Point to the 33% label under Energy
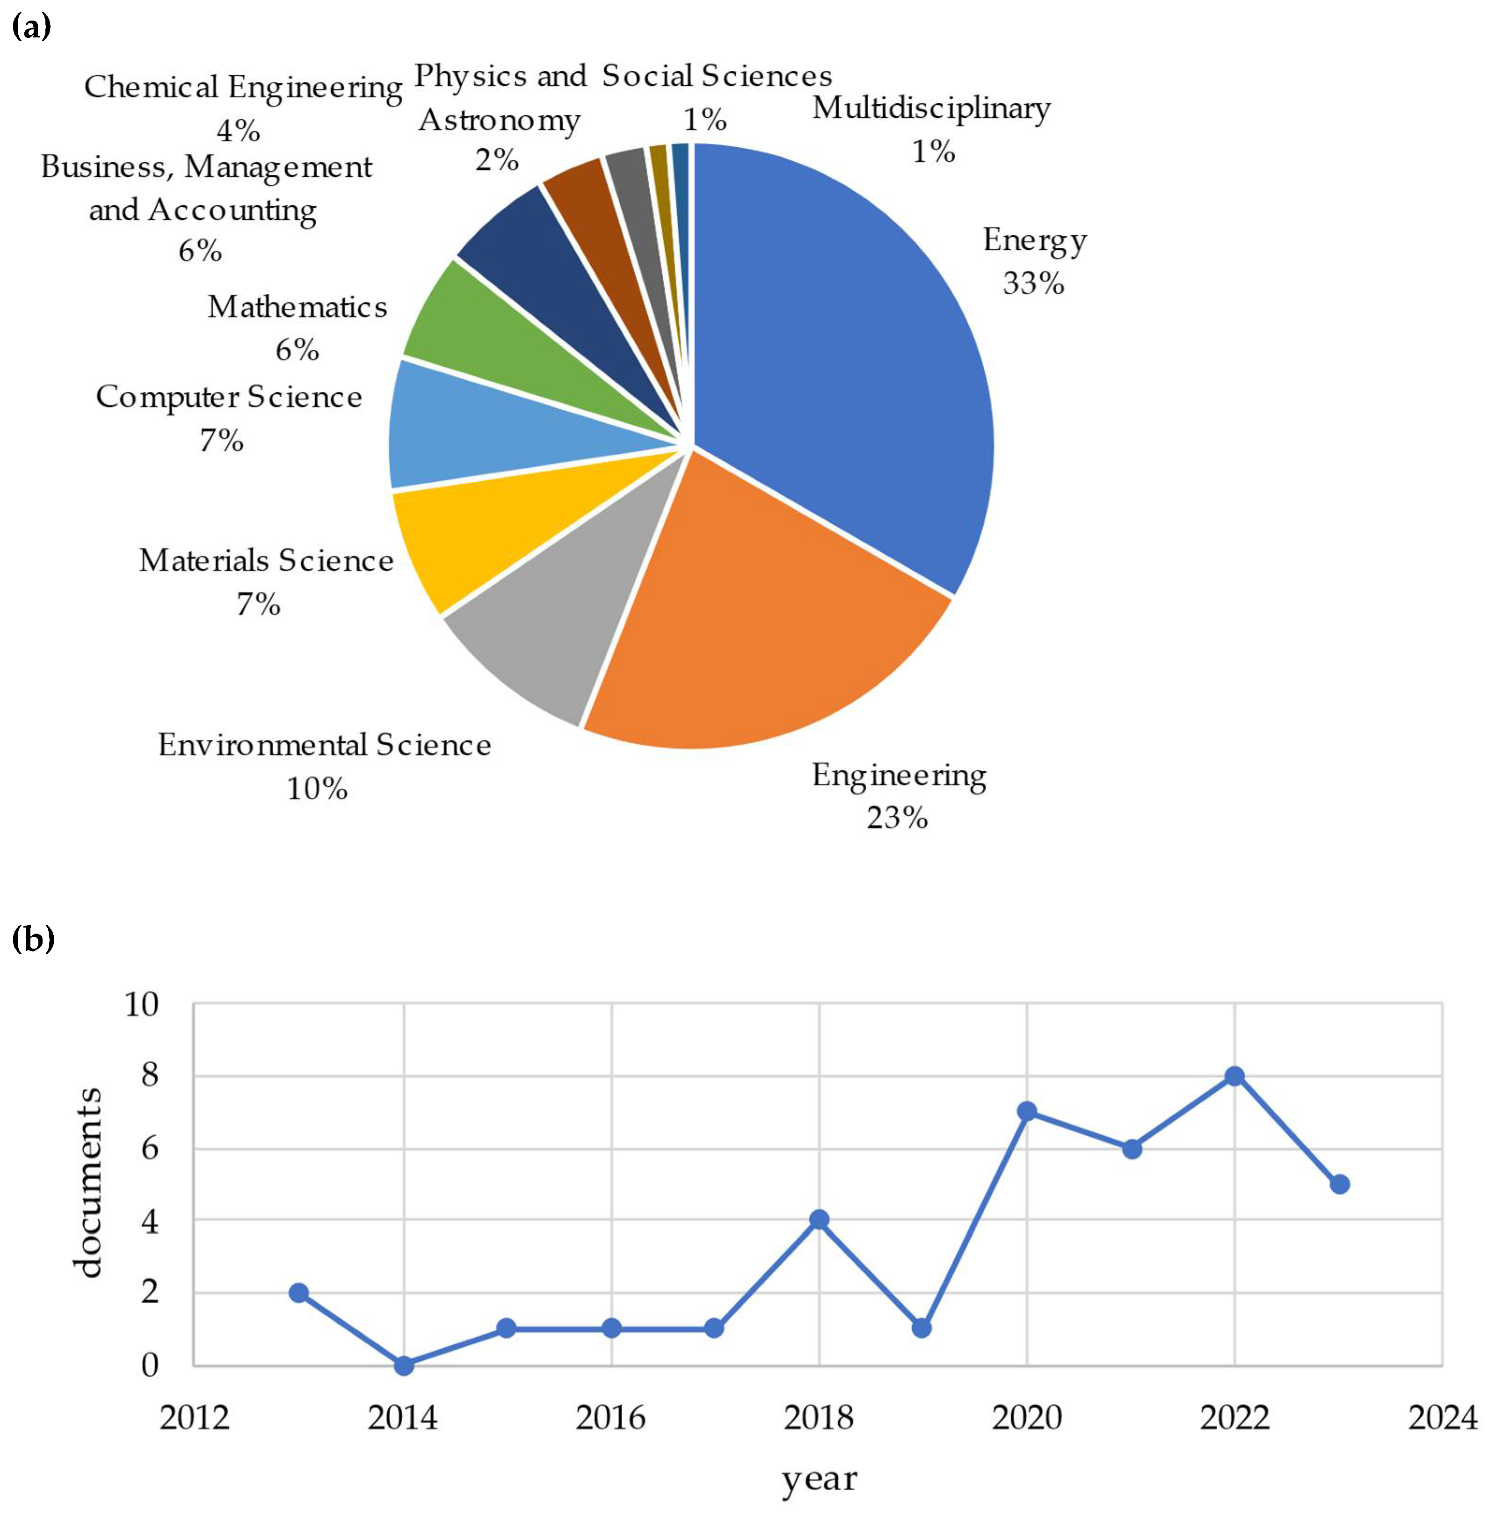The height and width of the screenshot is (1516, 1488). (x=1033, y=283)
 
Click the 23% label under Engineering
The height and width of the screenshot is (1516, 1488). (x=897, y=817)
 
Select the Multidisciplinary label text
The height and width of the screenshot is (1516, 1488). (x=931, y=108)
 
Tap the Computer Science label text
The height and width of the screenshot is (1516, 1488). (x=229, y=397)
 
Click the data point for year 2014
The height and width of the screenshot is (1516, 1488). (x=404, y=1365)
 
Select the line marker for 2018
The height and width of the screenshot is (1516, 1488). (x=819, y=1220)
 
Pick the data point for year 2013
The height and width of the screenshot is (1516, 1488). (x=298, y=1292)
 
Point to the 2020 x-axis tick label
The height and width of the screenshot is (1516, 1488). (x=1027, y=1417)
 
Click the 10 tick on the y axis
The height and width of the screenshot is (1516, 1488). (x=141, y=1005)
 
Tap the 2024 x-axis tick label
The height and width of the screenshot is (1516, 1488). (x=1443, y=1417)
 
